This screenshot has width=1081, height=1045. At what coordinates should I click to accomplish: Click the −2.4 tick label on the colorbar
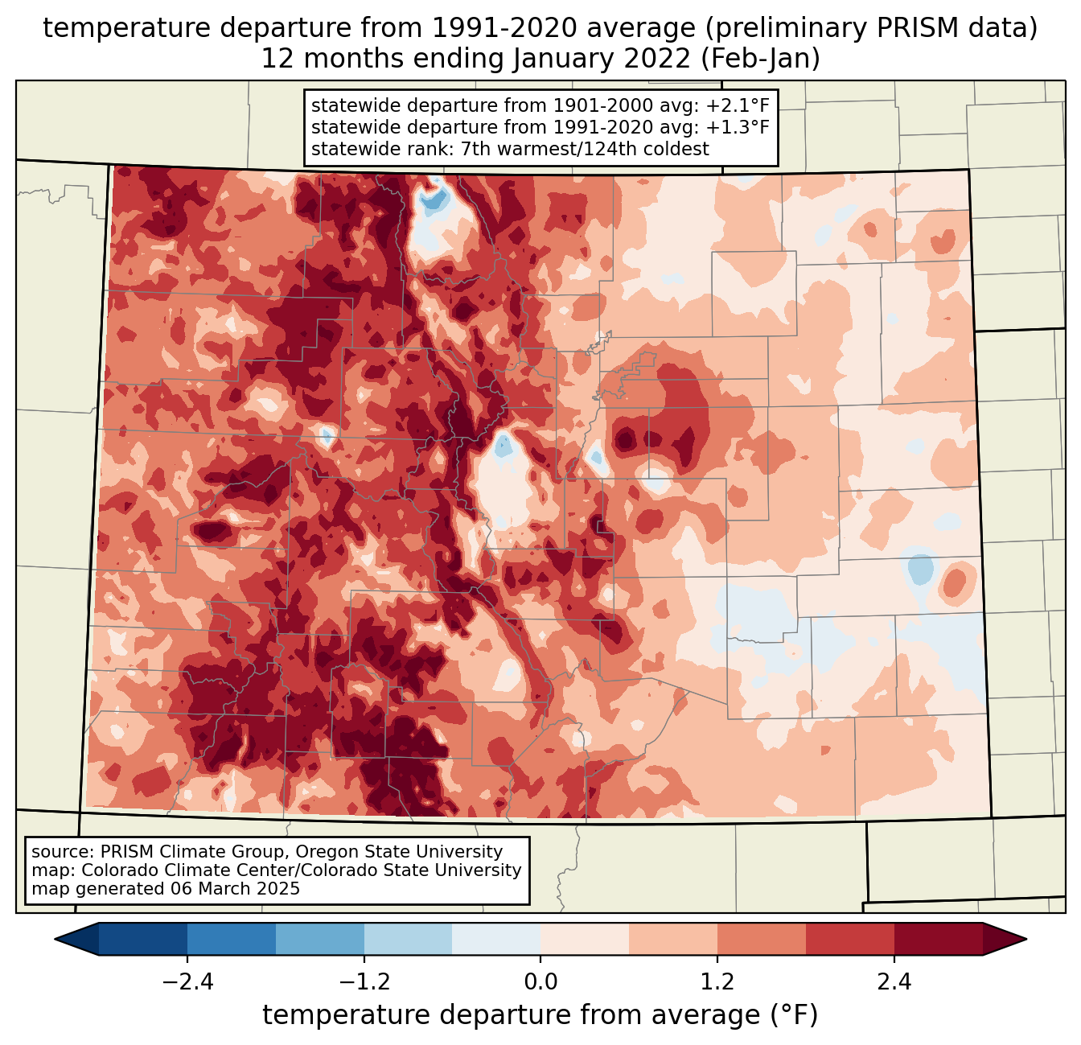187,982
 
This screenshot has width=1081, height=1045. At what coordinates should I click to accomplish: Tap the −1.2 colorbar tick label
364,982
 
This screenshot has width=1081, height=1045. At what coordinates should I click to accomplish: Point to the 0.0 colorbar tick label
540,982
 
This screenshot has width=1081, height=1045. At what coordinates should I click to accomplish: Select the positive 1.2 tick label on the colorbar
717,982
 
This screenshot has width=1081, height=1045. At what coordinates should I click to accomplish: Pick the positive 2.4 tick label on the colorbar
894,982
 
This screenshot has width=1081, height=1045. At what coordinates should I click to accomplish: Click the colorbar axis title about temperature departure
540,1015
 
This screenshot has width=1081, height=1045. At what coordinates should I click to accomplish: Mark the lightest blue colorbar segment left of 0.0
496,939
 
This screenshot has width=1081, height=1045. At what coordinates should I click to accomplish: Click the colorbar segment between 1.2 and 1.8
762,939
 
